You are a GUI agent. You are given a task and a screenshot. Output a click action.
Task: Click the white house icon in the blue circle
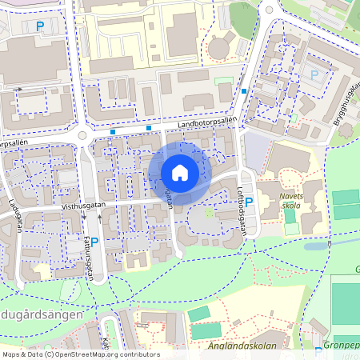[x=180, y=172]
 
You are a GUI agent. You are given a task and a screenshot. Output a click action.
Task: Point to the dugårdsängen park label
[x=42, y=315]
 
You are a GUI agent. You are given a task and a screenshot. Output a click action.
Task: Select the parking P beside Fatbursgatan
[x=94, y=242]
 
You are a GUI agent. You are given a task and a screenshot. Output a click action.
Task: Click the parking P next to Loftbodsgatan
[x=247, y=200]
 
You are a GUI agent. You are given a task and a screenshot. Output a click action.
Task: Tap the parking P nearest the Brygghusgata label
[x=314, y=75]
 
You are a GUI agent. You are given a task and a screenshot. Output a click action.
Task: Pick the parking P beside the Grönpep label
[x=319, y=350]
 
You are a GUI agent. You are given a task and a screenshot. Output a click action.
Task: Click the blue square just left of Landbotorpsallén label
[x=149, y=128]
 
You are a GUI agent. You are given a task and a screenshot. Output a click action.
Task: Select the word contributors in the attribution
[x=138, y=354]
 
